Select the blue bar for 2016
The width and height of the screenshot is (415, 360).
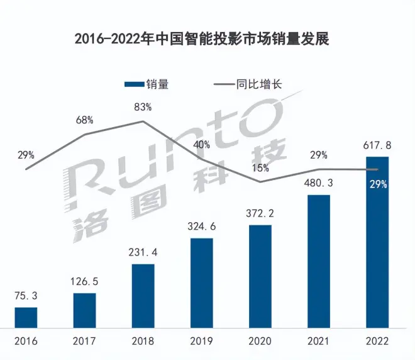point(26,318)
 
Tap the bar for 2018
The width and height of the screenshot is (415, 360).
point(143,296)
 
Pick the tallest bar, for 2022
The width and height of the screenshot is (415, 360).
point(377,242)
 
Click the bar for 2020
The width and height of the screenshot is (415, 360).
point(260,276)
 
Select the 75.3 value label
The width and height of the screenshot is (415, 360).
point(26,295)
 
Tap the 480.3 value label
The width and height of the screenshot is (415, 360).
point(319,183)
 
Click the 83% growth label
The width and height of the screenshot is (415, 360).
point(143,108)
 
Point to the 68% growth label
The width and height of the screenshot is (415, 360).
point(85,120)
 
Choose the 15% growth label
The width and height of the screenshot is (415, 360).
point(260,168)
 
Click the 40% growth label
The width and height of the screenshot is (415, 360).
point(202,144)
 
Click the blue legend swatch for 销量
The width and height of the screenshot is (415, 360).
point(135,84)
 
